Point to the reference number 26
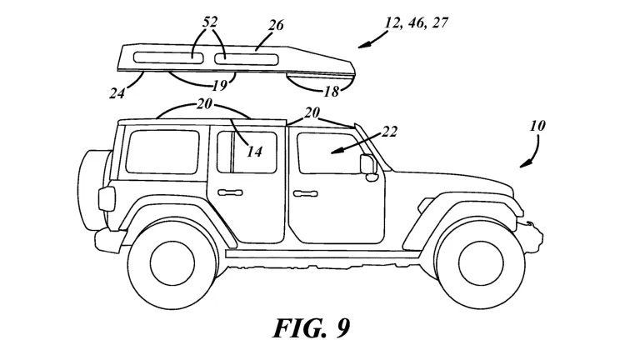tap(277, 26)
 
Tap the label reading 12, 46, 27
tap(417, 22)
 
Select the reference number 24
tap(117, 92)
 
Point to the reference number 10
tap(537, 126)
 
